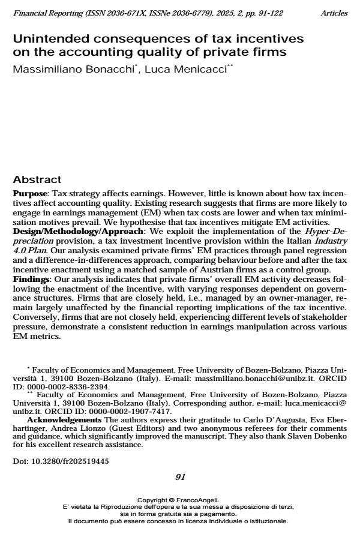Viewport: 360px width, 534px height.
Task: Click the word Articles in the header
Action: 334,13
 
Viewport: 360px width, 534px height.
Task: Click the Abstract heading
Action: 37,180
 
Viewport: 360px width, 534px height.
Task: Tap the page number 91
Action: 180,477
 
